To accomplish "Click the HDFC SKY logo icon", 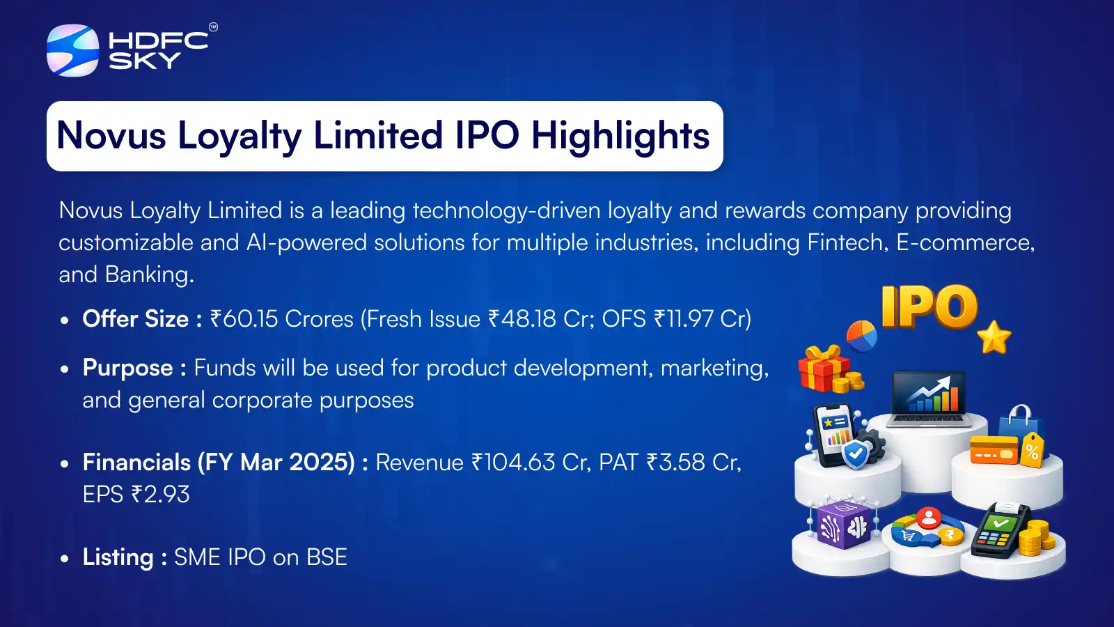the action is point(72,50).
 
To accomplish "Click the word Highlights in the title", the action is point(620,135).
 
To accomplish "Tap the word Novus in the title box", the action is point(111,135).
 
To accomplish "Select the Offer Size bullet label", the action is point(142,319).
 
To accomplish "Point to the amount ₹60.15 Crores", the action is point(281,319).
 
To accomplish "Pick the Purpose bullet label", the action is point(134,369).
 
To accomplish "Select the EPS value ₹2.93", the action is point(160,495).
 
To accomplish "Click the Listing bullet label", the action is point(125,557).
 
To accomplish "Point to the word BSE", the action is point(327,557).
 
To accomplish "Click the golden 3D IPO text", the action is point(929,307).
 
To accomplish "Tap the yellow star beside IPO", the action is point(994,337).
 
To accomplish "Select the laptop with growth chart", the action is point(928,399).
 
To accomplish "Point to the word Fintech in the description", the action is point(847,243).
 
